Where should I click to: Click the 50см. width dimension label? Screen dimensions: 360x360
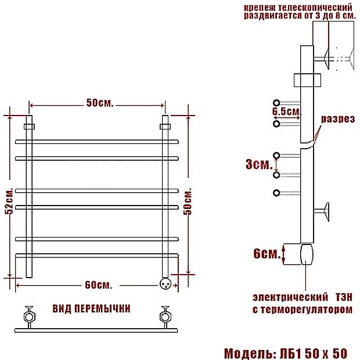(x=99, y=103)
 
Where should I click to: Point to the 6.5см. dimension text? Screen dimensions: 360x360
(x=286, y=110)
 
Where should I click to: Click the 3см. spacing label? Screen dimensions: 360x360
(x=258, y=164)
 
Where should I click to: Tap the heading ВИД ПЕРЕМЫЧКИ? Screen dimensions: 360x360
(x=91, y=308)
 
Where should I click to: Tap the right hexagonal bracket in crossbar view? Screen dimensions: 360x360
(x=165, y=316)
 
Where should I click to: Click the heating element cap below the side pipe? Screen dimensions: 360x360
(x=305, y=253)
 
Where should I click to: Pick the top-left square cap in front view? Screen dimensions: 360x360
(x=29, y=125)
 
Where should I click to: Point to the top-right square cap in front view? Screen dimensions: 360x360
(x=165, y=125)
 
